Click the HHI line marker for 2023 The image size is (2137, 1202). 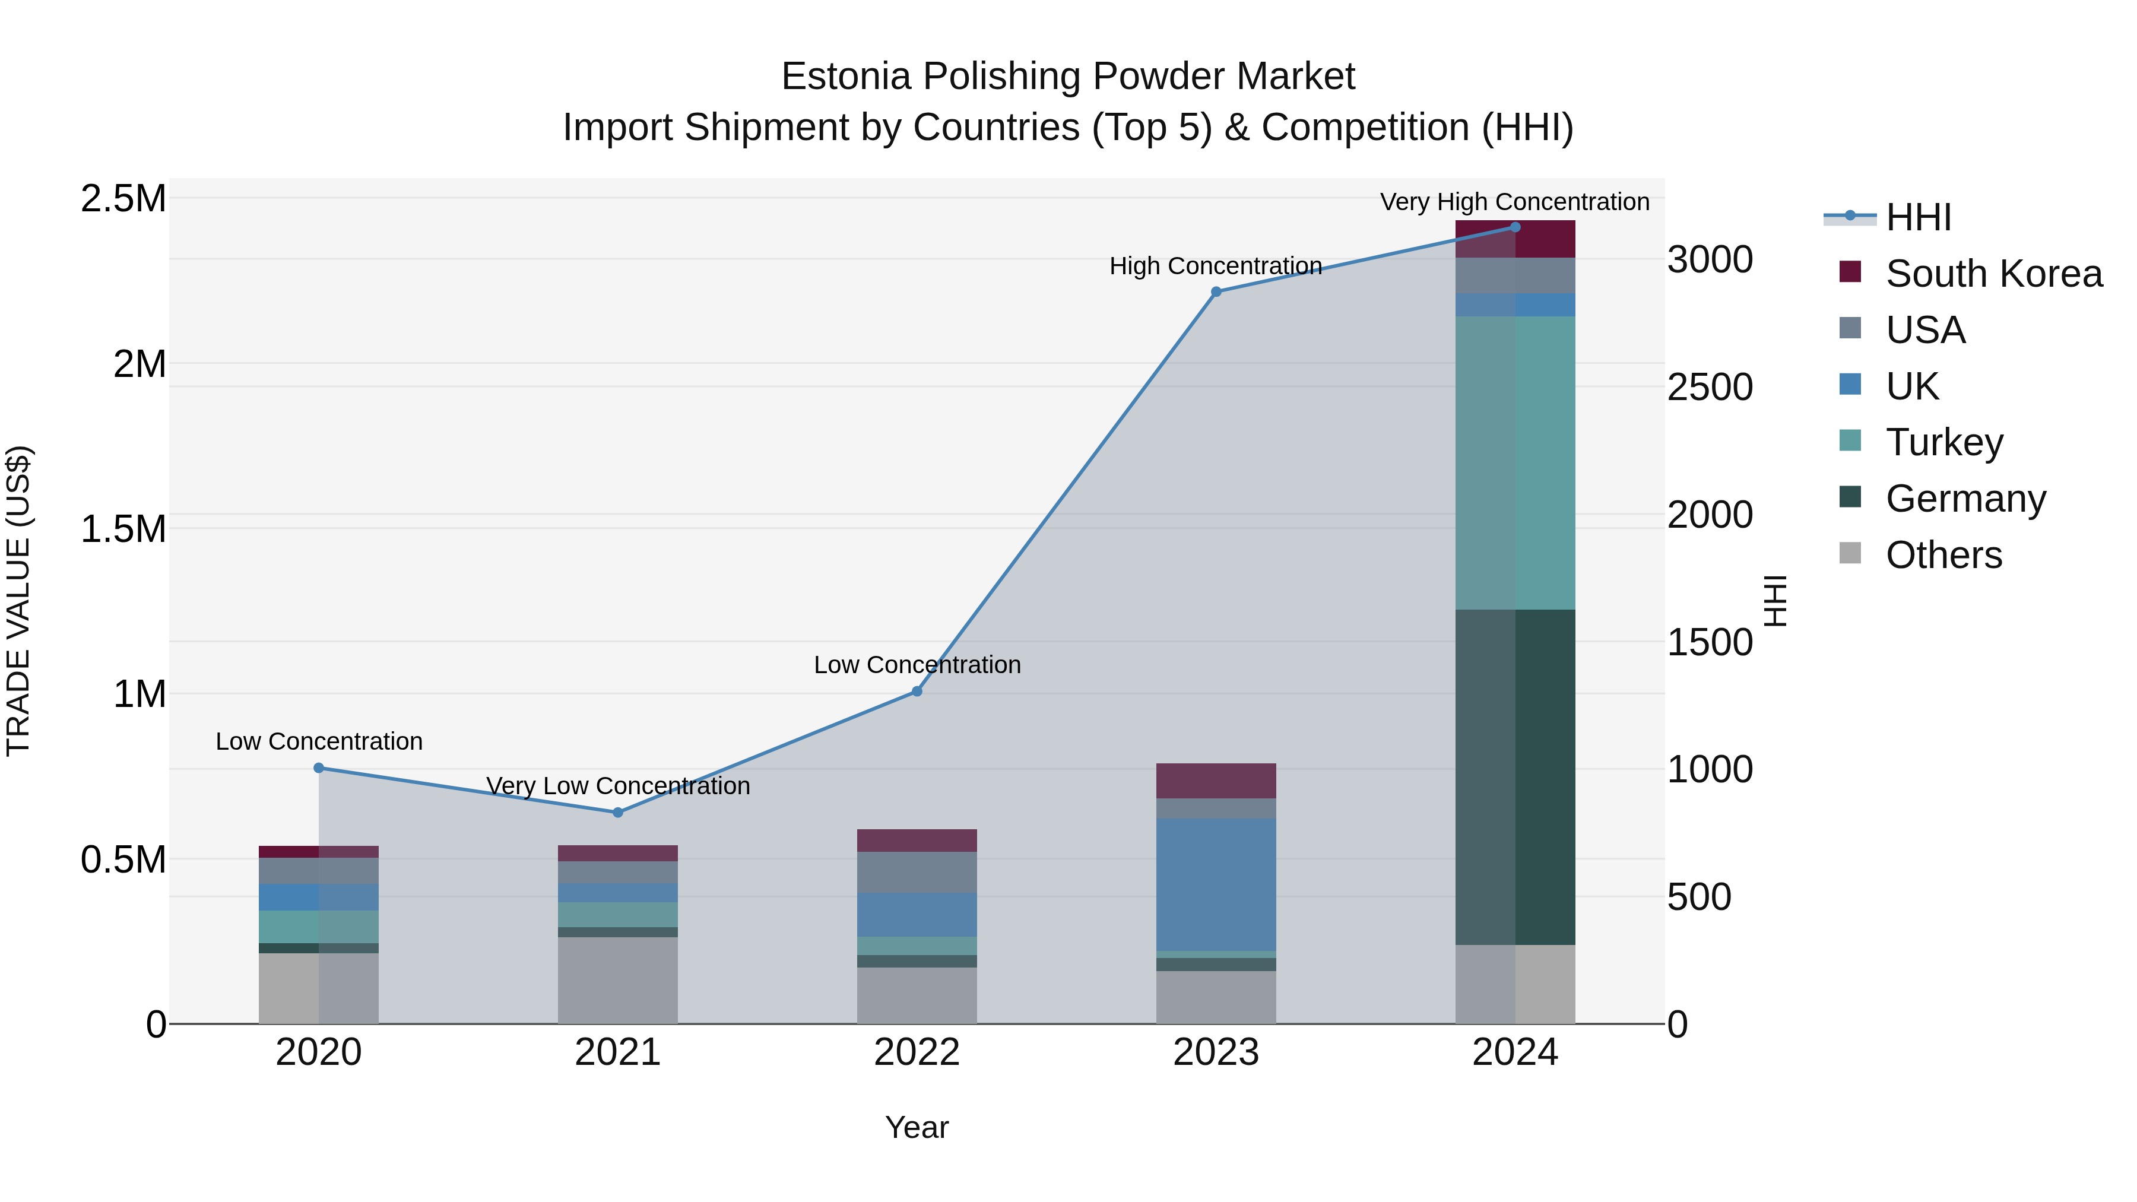tap(1216, 292)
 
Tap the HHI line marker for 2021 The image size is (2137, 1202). tap(618, 812)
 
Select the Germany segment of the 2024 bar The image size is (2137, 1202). tap(1515, 776)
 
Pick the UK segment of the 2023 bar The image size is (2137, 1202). tap(1216, 884)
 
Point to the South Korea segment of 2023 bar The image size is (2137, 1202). tap(1216, 781)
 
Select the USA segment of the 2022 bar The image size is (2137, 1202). tap(917, 872)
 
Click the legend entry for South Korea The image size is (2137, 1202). tap(1993, 274)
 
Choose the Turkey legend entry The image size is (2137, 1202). tap(1943, 442)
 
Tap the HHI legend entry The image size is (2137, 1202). tap(1917, 217)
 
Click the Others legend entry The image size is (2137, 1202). tap(1943, 555)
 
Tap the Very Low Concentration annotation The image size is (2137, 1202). tap(618, 785)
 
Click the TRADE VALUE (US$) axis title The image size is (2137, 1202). tap(18, 601)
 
